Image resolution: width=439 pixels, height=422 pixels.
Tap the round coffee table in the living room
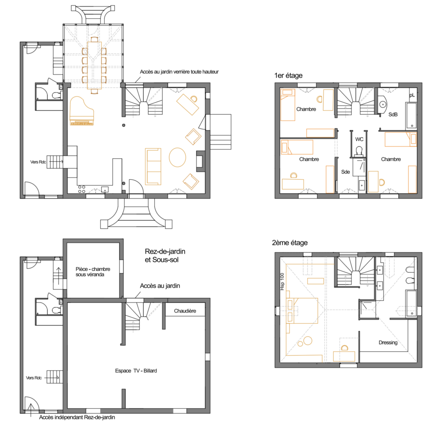tap(177, 158)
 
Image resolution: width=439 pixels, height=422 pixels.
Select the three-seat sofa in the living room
tap(153, 166)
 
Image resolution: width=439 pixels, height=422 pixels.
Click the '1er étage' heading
tap(289, 75)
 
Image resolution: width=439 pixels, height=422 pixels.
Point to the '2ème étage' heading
tap(290, 243)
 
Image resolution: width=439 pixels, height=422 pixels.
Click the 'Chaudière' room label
tap(185, 311)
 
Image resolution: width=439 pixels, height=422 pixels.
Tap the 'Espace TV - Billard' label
tap(136, 371)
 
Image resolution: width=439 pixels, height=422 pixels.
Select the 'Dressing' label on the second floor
tap(388, 343)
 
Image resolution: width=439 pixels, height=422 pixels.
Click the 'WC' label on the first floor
tap(359, 139)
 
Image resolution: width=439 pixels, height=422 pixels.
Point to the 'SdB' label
tap(393, 114)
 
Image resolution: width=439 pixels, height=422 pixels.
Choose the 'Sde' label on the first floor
tap(346, 172)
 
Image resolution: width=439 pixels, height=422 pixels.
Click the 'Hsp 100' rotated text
tap(282, 282)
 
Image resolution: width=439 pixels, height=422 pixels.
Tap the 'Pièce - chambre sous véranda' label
tap(93, 272)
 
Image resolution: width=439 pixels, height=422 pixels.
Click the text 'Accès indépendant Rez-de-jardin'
tap(77, 417)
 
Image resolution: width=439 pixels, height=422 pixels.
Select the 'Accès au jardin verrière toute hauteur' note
tap(179, 72)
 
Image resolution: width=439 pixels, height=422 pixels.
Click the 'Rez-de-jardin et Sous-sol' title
tap(165, 256)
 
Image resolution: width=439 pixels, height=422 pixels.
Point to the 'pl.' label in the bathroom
tap(412, 95)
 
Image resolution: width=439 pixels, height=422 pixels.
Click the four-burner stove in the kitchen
tap(81, 189)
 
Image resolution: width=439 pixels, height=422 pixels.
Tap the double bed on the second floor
tap(302, 310)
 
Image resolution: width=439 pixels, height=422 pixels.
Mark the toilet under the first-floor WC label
tap(359, 151)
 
